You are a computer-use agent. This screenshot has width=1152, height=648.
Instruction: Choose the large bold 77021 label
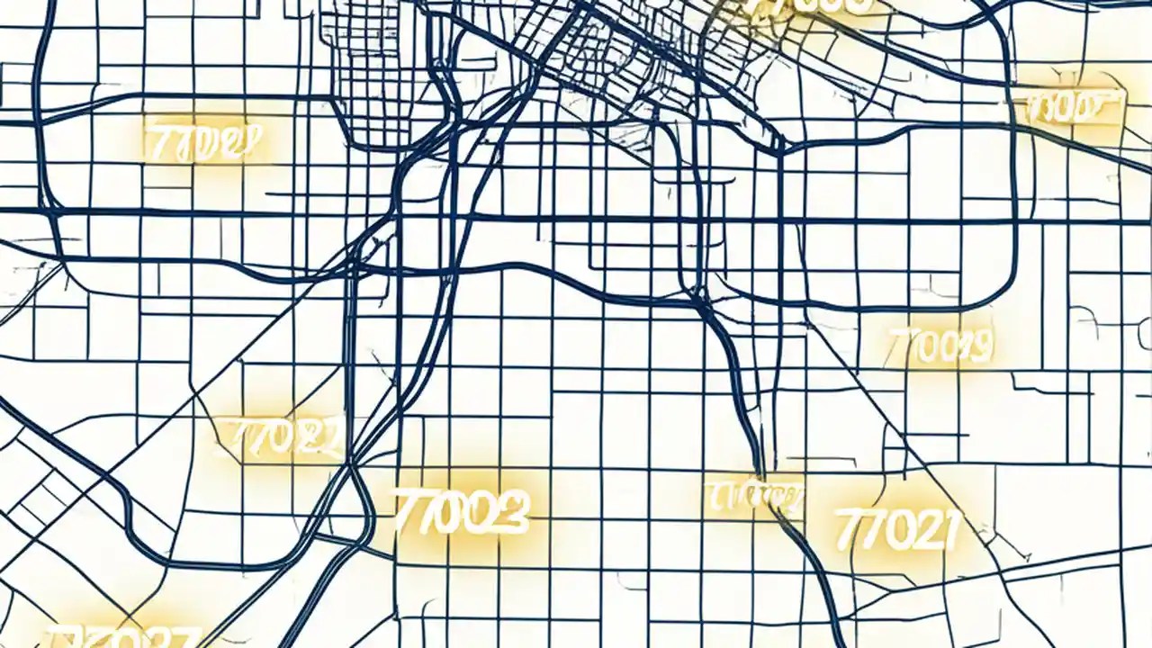tap(895, 529)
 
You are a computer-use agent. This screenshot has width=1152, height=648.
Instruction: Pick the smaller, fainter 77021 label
tap(281, 439)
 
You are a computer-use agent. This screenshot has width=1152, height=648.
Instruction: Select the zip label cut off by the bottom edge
tap(121, 637)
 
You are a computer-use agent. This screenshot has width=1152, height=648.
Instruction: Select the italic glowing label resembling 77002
tap(203, 141)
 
